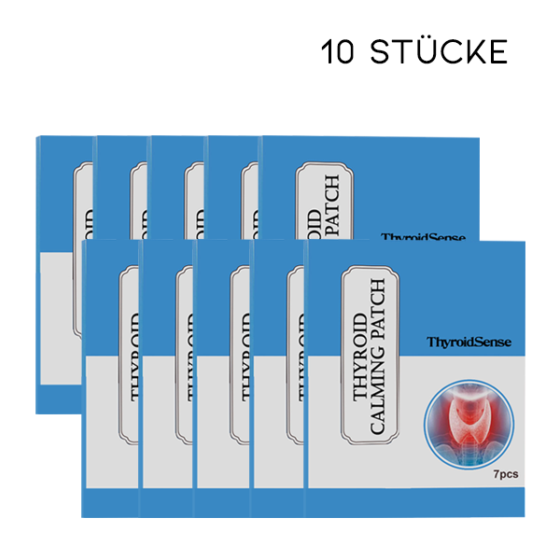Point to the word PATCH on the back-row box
(333, 210)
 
